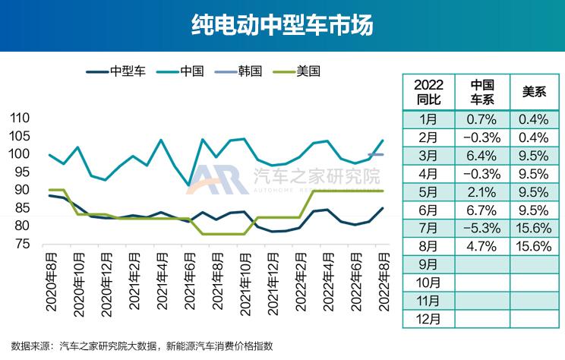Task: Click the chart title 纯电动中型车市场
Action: coord(282,27)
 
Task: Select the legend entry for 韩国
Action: coord(239,71)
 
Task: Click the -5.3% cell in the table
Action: coord(482,228)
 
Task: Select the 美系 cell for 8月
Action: coord(535,246)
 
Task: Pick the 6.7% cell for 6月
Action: coord(482,210)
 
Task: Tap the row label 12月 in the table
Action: coord(429,319)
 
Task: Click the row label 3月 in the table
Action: coord(429,156)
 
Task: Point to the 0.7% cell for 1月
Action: coord(482,119)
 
